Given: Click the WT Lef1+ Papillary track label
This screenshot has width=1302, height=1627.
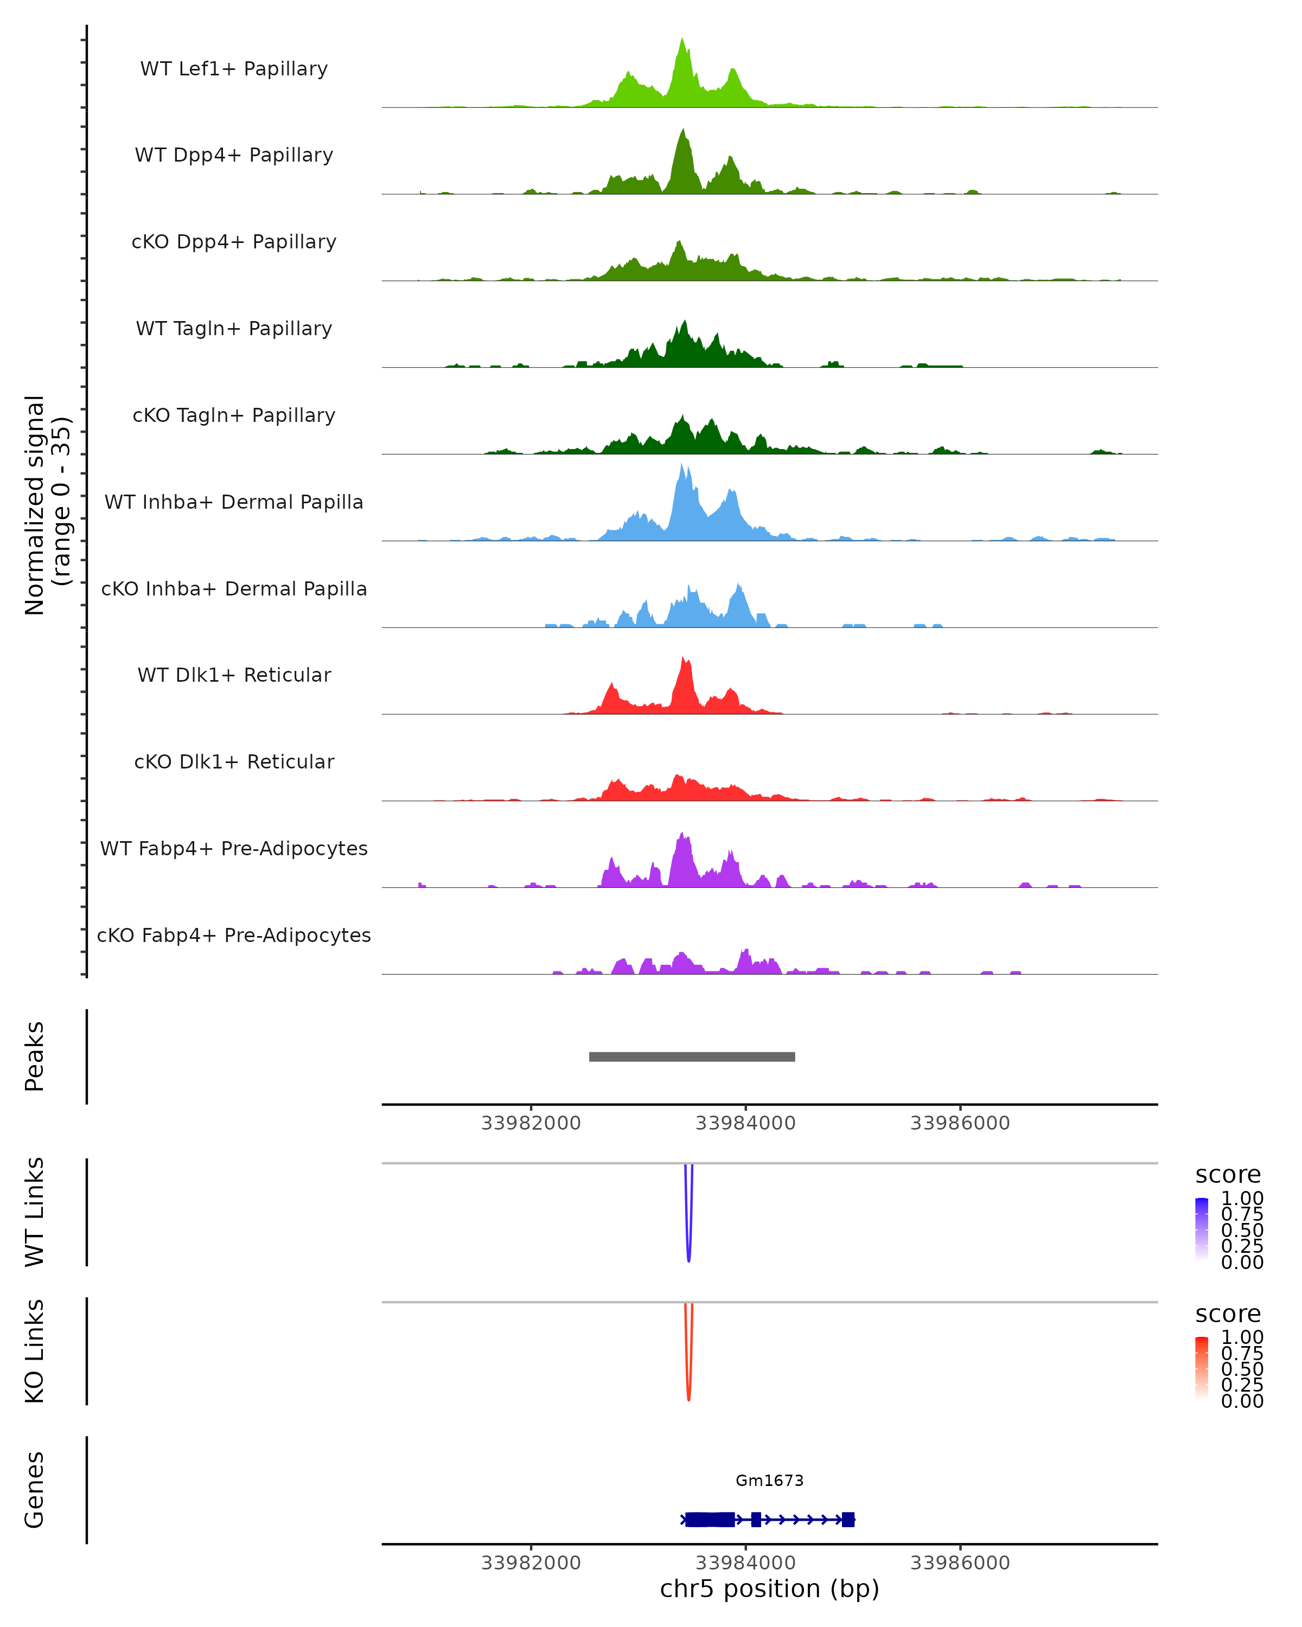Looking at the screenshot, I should pos(234,69).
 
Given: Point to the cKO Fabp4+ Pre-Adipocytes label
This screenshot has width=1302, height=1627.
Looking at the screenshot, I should pos(234,935).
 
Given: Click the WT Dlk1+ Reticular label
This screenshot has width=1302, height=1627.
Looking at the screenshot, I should pos(234,675).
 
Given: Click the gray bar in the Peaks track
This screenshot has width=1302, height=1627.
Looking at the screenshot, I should pos(691,1056).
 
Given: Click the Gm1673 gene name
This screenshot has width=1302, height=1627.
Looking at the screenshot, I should pos(769,1481).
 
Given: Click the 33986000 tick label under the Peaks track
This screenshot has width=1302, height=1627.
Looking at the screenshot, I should pos(959,1123).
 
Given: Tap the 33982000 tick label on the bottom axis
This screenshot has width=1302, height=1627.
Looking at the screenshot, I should pos(531,1562).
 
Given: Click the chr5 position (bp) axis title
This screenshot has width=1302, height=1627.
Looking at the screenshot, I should pos(769,1588).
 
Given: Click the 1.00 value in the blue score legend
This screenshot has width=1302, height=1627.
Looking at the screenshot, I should pos(1242,1199).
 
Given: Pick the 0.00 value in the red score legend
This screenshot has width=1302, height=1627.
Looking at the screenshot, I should pos(1242,1401).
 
